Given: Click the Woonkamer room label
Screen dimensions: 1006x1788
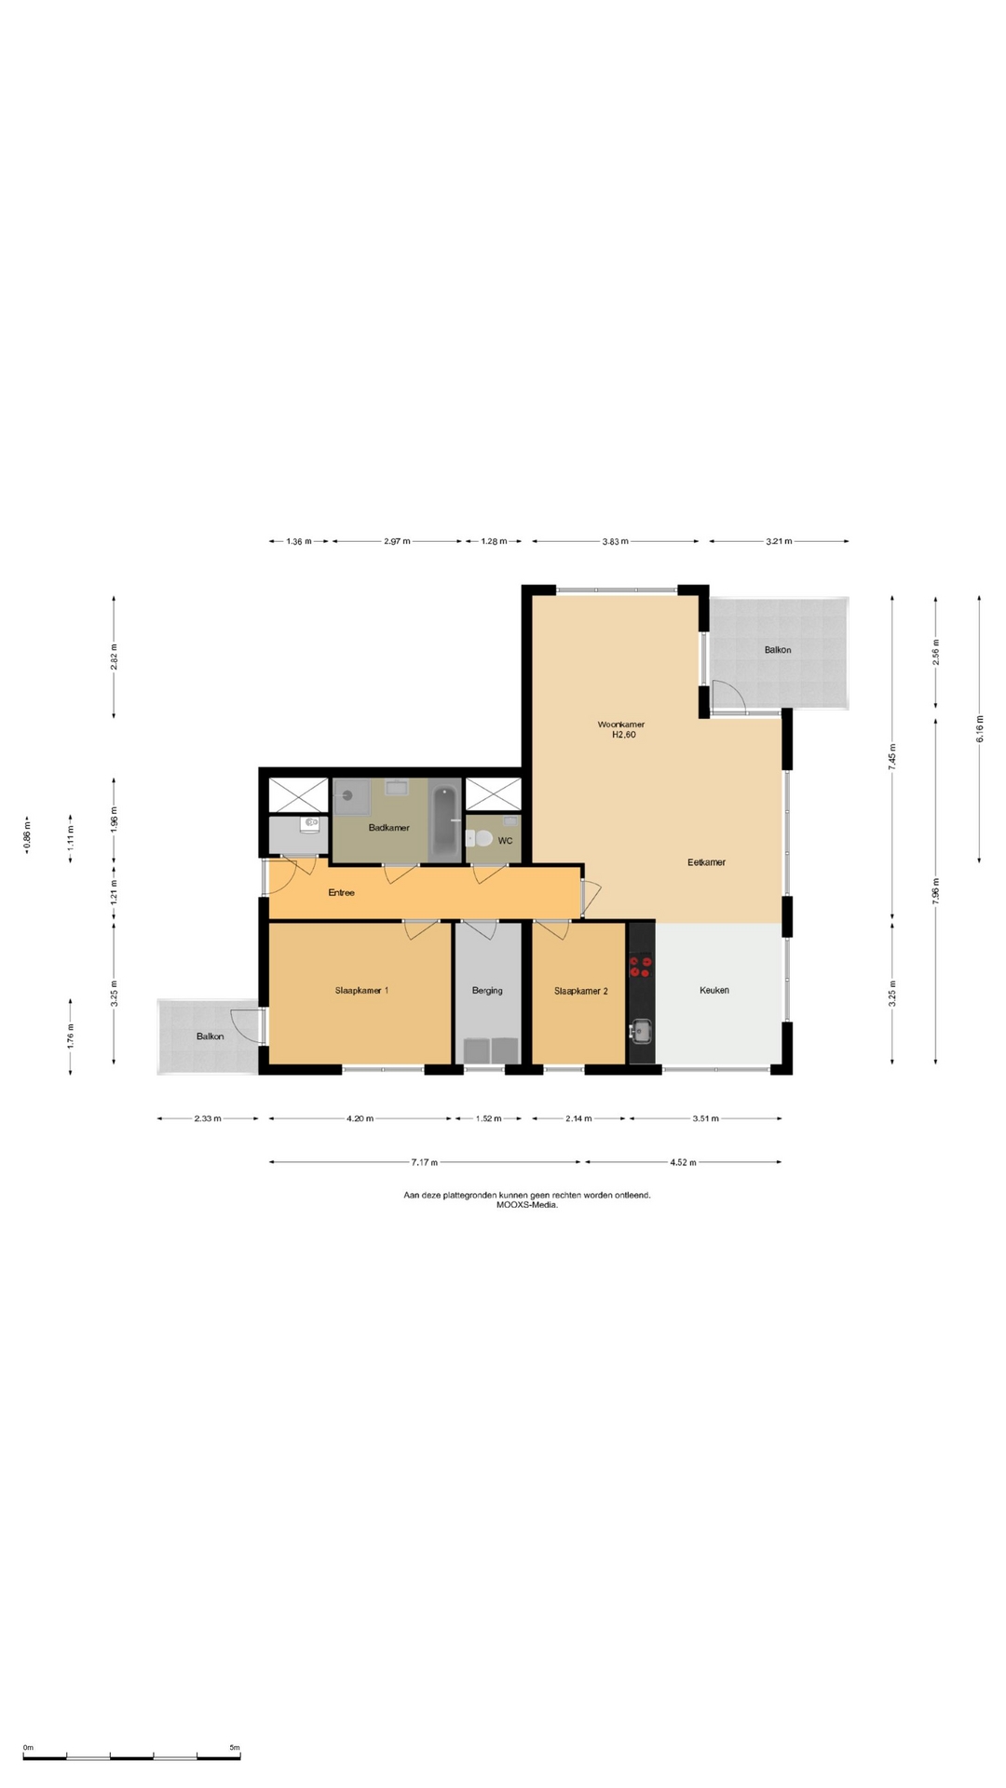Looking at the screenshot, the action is point(621,724).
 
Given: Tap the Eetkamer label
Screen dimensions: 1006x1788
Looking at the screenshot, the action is point(706,862).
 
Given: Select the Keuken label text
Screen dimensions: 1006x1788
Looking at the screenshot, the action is point(714,990).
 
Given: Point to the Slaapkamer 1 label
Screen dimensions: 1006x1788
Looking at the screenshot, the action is point(361,990).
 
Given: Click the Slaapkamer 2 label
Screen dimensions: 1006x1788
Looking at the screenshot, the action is point(580,991).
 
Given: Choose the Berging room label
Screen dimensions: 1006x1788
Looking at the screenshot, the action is point(487,991).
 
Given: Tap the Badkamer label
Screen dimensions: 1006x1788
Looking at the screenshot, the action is point(388,827).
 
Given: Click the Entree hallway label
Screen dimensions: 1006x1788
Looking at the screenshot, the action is point(341,892).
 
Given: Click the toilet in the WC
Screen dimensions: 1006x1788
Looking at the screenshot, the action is point(481,839).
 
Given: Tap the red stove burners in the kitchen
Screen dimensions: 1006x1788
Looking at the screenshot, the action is point(641,966).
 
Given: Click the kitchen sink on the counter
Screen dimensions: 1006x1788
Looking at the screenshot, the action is point(641,1030).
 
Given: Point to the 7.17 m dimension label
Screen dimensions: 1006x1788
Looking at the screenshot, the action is point(425,1162).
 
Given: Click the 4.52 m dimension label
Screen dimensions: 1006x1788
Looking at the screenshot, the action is point(683,1162).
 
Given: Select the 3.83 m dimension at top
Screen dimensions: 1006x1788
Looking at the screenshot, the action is point(615,541).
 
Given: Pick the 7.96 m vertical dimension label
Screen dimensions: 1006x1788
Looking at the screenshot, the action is point(936,891).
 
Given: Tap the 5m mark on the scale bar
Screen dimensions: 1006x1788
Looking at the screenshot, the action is point(235,1747).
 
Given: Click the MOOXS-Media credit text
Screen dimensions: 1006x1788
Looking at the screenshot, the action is point(527,1204).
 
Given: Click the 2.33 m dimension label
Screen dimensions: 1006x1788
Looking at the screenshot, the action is point(208,1118).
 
